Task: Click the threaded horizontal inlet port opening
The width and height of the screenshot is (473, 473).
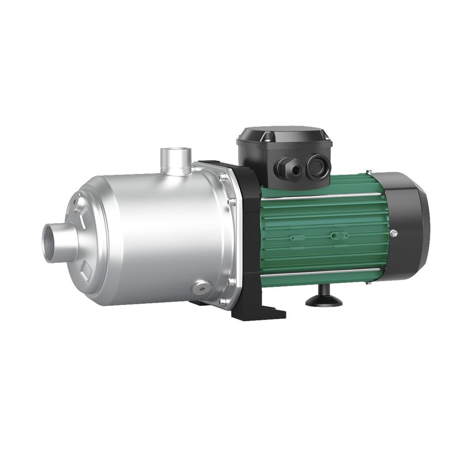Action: pos(53,242)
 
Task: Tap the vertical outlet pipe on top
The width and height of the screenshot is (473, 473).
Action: pos(176,160)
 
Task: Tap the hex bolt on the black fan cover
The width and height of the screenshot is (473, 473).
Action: pos(393,233)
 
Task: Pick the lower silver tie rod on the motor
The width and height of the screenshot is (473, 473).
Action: pos(321,272)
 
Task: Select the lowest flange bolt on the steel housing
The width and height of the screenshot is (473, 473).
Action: pos(221,302)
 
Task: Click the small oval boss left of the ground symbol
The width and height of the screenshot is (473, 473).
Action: pos(296,237)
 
